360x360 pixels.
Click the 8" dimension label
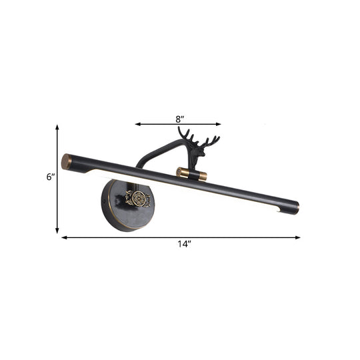(179, 119)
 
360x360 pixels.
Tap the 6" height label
(49, 178)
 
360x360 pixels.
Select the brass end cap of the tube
(66, 161)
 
